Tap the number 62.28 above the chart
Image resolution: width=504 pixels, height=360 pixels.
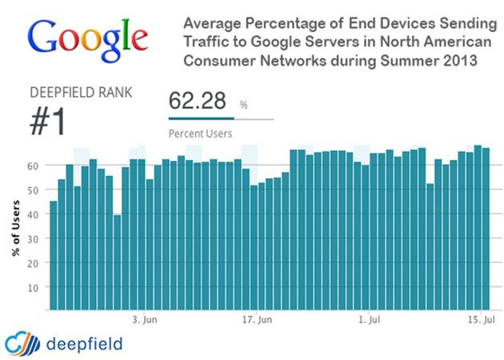click(198, 102)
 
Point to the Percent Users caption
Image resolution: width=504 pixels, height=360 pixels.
click(200, 134)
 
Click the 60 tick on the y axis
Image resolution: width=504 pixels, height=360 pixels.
click(34, 166)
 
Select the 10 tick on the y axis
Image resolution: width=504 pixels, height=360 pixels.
click(34, 286)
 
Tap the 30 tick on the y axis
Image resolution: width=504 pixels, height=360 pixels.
click(34, 238)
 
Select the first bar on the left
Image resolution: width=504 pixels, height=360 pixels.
click(54, 255)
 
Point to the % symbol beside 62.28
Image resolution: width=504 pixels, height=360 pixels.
click(243, 105)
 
